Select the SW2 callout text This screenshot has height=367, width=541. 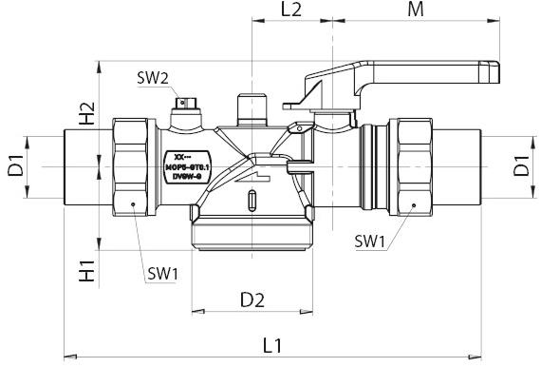(152, 77)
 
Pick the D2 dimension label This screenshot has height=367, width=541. (252, 300)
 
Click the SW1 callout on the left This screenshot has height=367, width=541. (163, 274)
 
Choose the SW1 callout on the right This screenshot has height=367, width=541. (370, 241)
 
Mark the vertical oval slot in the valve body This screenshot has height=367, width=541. (252, 203)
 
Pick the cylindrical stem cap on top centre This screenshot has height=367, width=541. (251, 106)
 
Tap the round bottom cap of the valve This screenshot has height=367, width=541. (252, 233)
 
